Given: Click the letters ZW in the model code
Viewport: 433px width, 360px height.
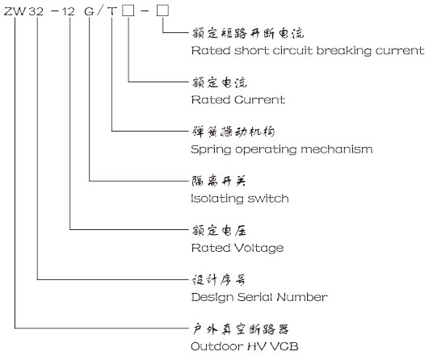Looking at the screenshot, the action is coord(15,11).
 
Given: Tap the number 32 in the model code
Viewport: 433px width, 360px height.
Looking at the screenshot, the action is coord(36,11).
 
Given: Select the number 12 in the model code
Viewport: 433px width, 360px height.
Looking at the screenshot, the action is coord(69,11).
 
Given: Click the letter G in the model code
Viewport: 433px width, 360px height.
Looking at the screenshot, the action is coord(89,11).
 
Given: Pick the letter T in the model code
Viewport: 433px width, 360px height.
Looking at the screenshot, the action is coord(112,11).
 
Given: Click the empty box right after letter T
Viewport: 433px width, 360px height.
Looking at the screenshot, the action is coord(128,11).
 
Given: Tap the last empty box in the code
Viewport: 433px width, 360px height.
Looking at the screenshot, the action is coord(162,11).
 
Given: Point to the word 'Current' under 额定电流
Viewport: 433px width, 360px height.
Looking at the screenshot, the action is coord(259,99).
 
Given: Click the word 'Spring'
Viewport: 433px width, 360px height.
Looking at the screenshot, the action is coord(211,150).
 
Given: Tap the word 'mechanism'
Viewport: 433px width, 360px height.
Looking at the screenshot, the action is coord(337,149).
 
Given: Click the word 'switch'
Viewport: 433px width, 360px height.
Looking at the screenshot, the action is coord(268,199).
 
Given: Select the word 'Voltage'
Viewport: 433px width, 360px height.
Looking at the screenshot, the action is coord(259,249).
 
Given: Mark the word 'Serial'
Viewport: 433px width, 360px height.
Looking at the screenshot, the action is coord(255,297).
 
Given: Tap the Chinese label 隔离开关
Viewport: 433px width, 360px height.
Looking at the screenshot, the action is coord(218,181).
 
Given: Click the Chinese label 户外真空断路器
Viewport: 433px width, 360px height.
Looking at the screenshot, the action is coord(241,329).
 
